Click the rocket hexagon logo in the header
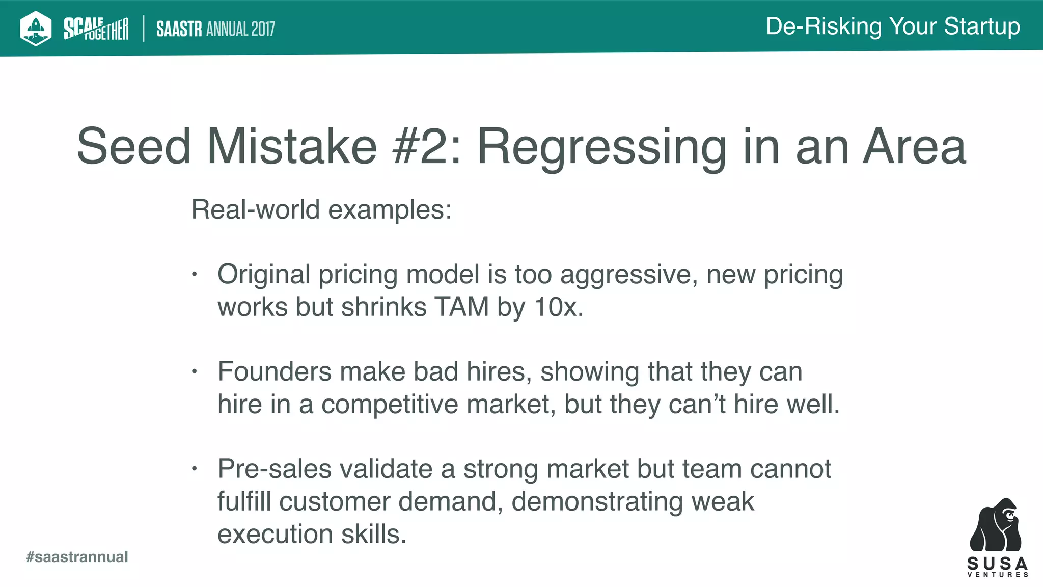(35, 28)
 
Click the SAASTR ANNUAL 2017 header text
(215, 29)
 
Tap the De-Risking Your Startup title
(893, 26)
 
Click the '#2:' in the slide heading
(427, 147)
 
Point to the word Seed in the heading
(133, 147)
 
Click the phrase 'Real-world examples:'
(321, 209)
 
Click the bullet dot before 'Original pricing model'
(194, 275)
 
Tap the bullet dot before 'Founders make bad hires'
(194, 372)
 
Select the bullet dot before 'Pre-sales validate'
(194, 469)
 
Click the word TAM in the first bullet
(461, 307)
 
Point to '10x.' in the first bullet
(559, 307)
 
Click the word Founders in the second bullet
(275, 371)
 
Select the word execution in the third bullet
(275, 535)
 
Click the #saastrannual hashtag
(77, 557)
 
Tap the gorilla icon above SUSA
(996, 525)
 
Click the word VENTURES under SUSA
(998, 575)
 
